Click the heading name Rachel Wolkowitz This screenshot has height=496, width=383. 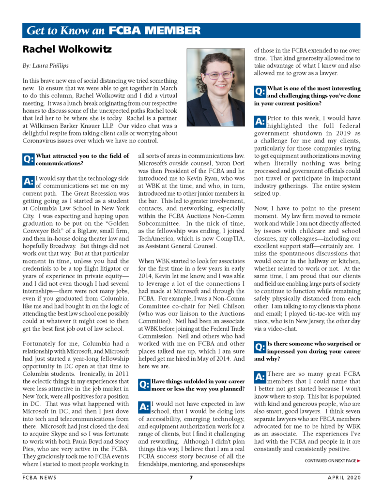[x=68, y=49]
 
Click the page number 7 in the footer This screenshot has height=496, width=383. [x=191, y=478]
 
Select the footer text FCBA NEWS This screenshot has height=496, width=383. [x=40, y=478]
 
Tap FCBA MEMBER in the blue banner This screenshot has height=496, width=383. [x=154, y=31]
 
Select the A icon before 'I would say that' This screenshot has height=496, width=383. [x=29, y=182]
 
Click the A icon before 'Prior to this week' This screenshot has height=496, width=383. [x=260, y=121]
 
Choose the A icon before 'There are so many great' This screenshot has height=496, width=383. [x=260, y=377]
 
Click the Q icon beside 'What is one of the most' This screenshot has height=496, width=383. [x=260, y=91]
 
